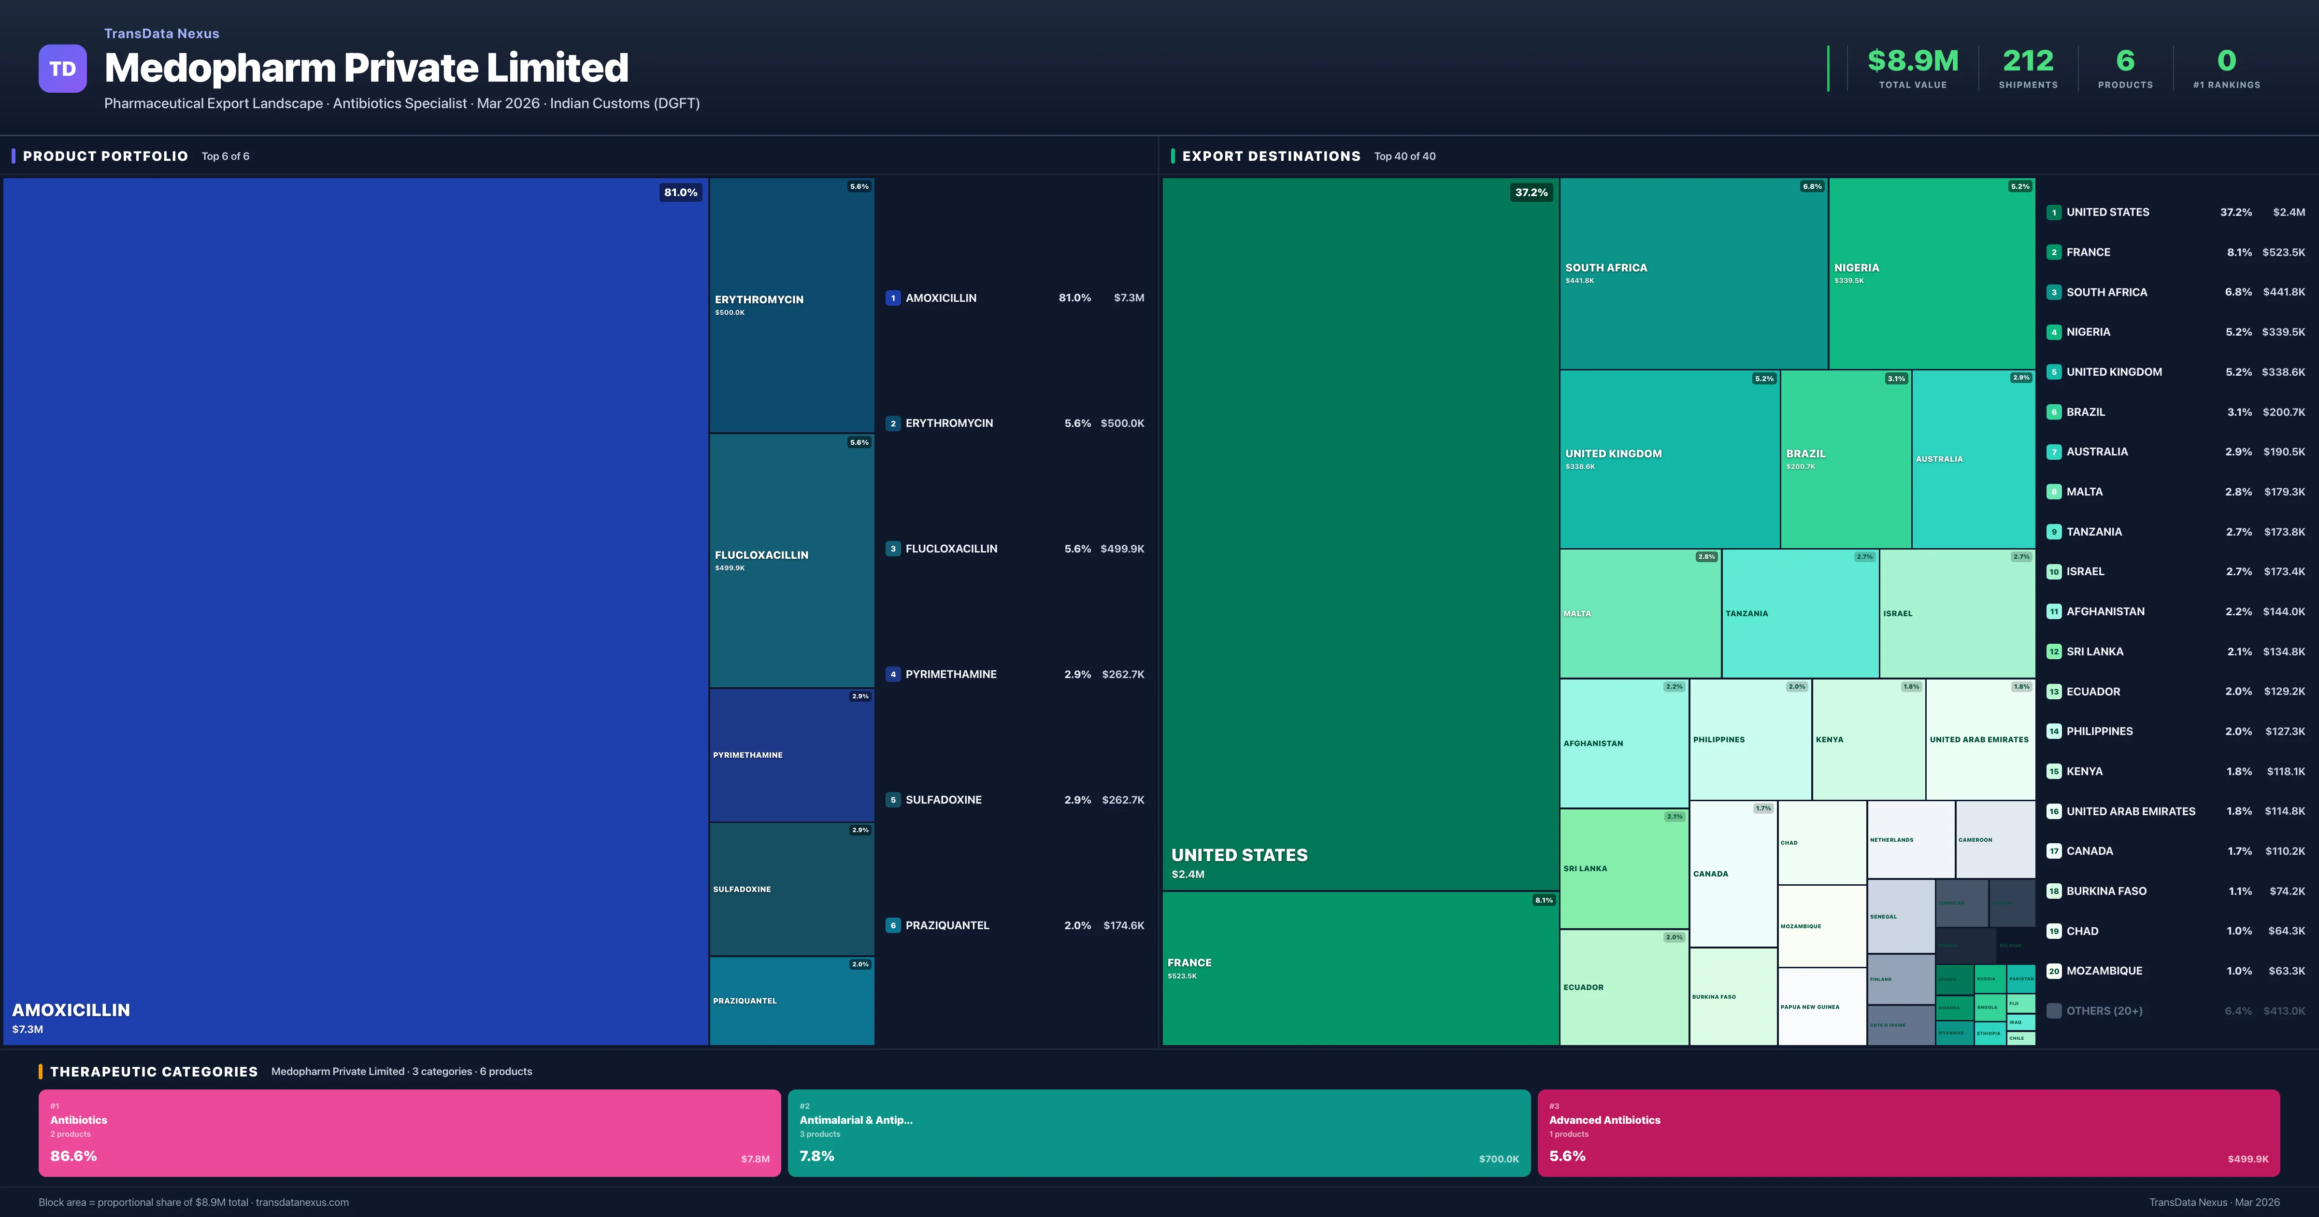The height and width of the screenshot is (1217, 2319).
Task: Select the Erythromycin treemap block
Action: (x=791, y=305)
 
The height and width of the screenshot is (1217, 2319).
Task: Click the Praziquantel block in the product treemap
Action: (x=791, y=1000)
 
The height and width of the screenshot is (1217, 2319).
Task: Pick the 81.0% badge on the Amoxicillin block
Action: (x=681, y=193)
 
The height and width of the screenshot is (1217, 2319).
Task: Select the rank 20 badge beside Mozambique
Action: (x=2053, y=971)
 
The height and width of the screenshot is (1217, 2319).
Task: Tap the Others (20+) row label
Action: (x=2104, y=1011)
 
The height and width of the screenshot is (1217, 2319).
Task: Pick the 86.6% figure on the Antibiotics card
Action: (x=74, y=1156)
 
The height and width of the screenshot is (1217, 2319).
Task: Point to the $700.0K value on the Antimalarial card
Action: (x=1498, y=1160)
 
